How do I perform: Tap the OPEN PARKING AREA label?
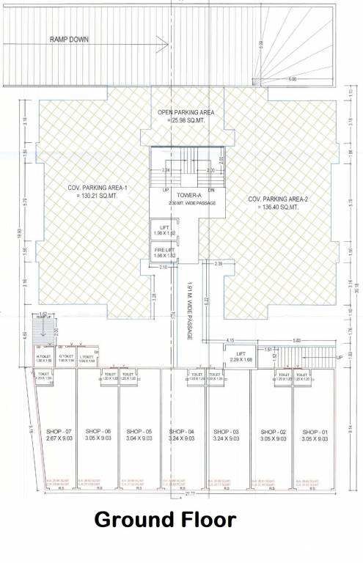[186, 115]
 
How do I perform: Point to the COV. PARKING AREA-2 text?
[274, 202]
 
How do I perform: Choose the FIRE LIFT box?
[164, 253]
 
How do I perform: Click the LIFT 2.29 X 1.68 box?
[241, 356]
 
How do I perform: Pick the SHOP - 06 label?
[98, 433]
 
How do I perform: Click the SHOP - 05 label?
[139, 433]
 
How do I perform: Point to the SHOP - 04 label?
[180, 433]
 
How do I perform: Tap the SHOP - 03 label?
[226, 433]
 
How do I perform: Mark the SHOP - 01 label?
[313, 433]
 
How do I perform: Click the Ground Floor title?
[165, 520]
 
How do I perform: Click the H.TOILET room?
[45, 358]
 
